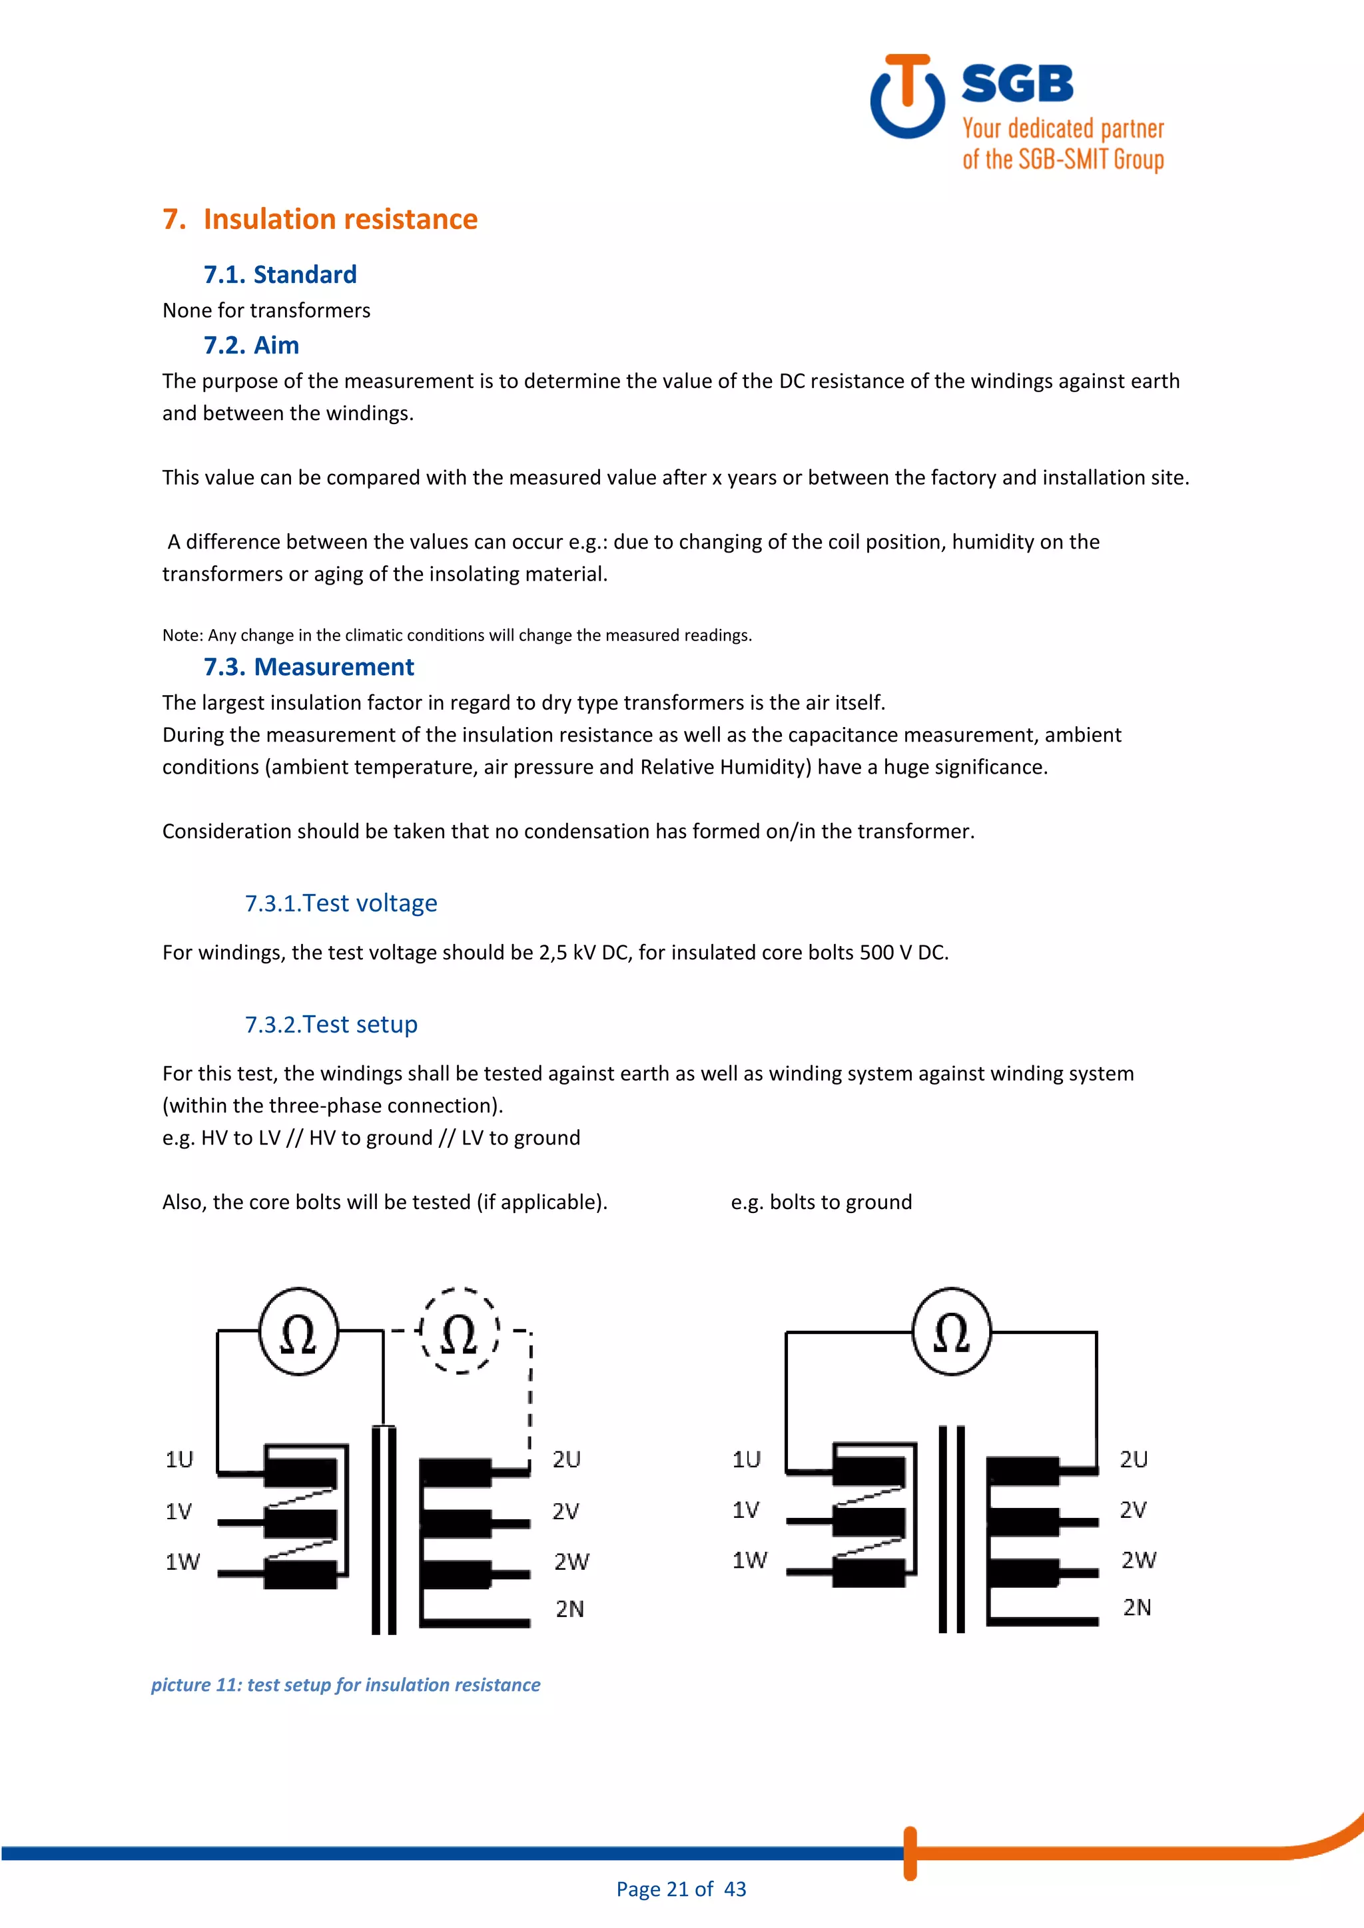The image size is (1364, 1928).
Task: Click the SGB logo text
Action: (x=1016, y=84)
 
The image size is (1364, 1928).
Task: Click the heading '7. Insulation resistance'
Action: (x=320, y=219)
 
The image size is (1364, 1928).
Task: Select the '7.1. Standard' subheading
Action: (x=280, y=274)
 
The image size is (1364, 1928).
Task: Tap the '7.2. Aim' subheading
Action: (x=251, y=345)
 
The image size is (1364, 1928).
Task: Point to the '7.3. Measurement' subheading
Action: (x=308, y=666)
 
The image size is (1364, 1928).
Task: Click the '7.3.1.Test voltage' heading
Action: (x=340, y=903)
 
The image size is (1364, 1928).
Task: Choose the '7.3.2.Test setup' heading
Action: (x=331, y=1025)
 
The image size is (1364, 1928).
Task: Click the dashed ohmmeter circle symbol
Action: (x=459, y=1331)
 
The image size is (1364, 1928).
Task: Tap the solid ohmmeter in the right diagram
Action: (x=951, y=1331)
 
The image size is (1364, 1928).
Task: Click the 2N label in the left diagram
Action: (x=569, y=1609)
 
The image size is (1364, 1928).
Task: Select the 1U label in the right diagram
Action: (x=746, y=1459)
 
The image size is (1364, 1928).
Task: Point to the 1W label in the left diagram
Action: (x=182, y=1562)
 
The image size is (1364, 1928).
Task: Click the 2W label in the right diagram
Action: (x=1138, y=1561)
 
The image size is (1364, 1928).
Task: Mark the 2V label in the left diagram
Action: (x=565, y=1511)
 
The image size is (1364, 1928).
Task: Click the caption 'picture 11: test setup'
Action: (x=345, y=1684)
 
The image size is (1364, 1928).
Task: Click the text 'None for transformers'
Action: (x=266, y=311)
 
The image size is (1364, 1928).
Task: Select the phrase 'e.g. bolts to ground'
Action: (x=821, y=1202)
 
